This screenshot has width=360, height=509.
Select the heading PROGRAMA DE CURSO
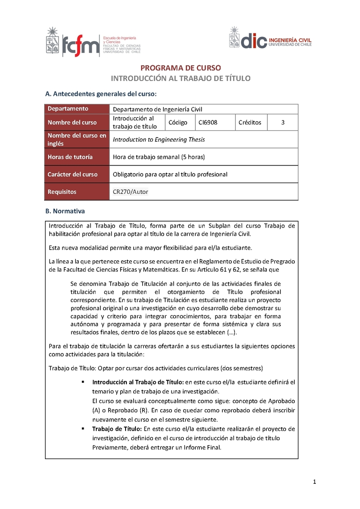[181, 68]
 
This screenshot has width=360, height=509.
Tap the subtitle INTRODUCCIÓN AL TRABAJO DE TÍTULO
[181, 78]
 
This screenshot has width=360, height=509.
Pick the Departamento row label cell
[77, 109]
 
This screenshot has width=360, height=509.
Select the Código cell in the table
[178, 122]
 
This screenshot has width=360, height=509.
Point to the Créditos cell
[250, 122]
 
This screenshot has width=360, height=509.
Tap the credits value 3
[283, 122]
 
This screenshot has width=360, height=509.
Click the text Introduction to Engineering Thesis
[159, 139]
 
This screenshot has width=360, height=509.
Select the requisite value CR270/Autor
[130, 192]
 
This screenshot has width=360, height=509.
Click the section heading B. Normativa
[65, 210]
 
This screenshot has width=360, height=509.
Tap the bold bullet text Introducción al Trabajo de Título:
[138, 382]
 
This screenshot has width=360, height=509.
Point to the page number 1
[315, 482]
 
